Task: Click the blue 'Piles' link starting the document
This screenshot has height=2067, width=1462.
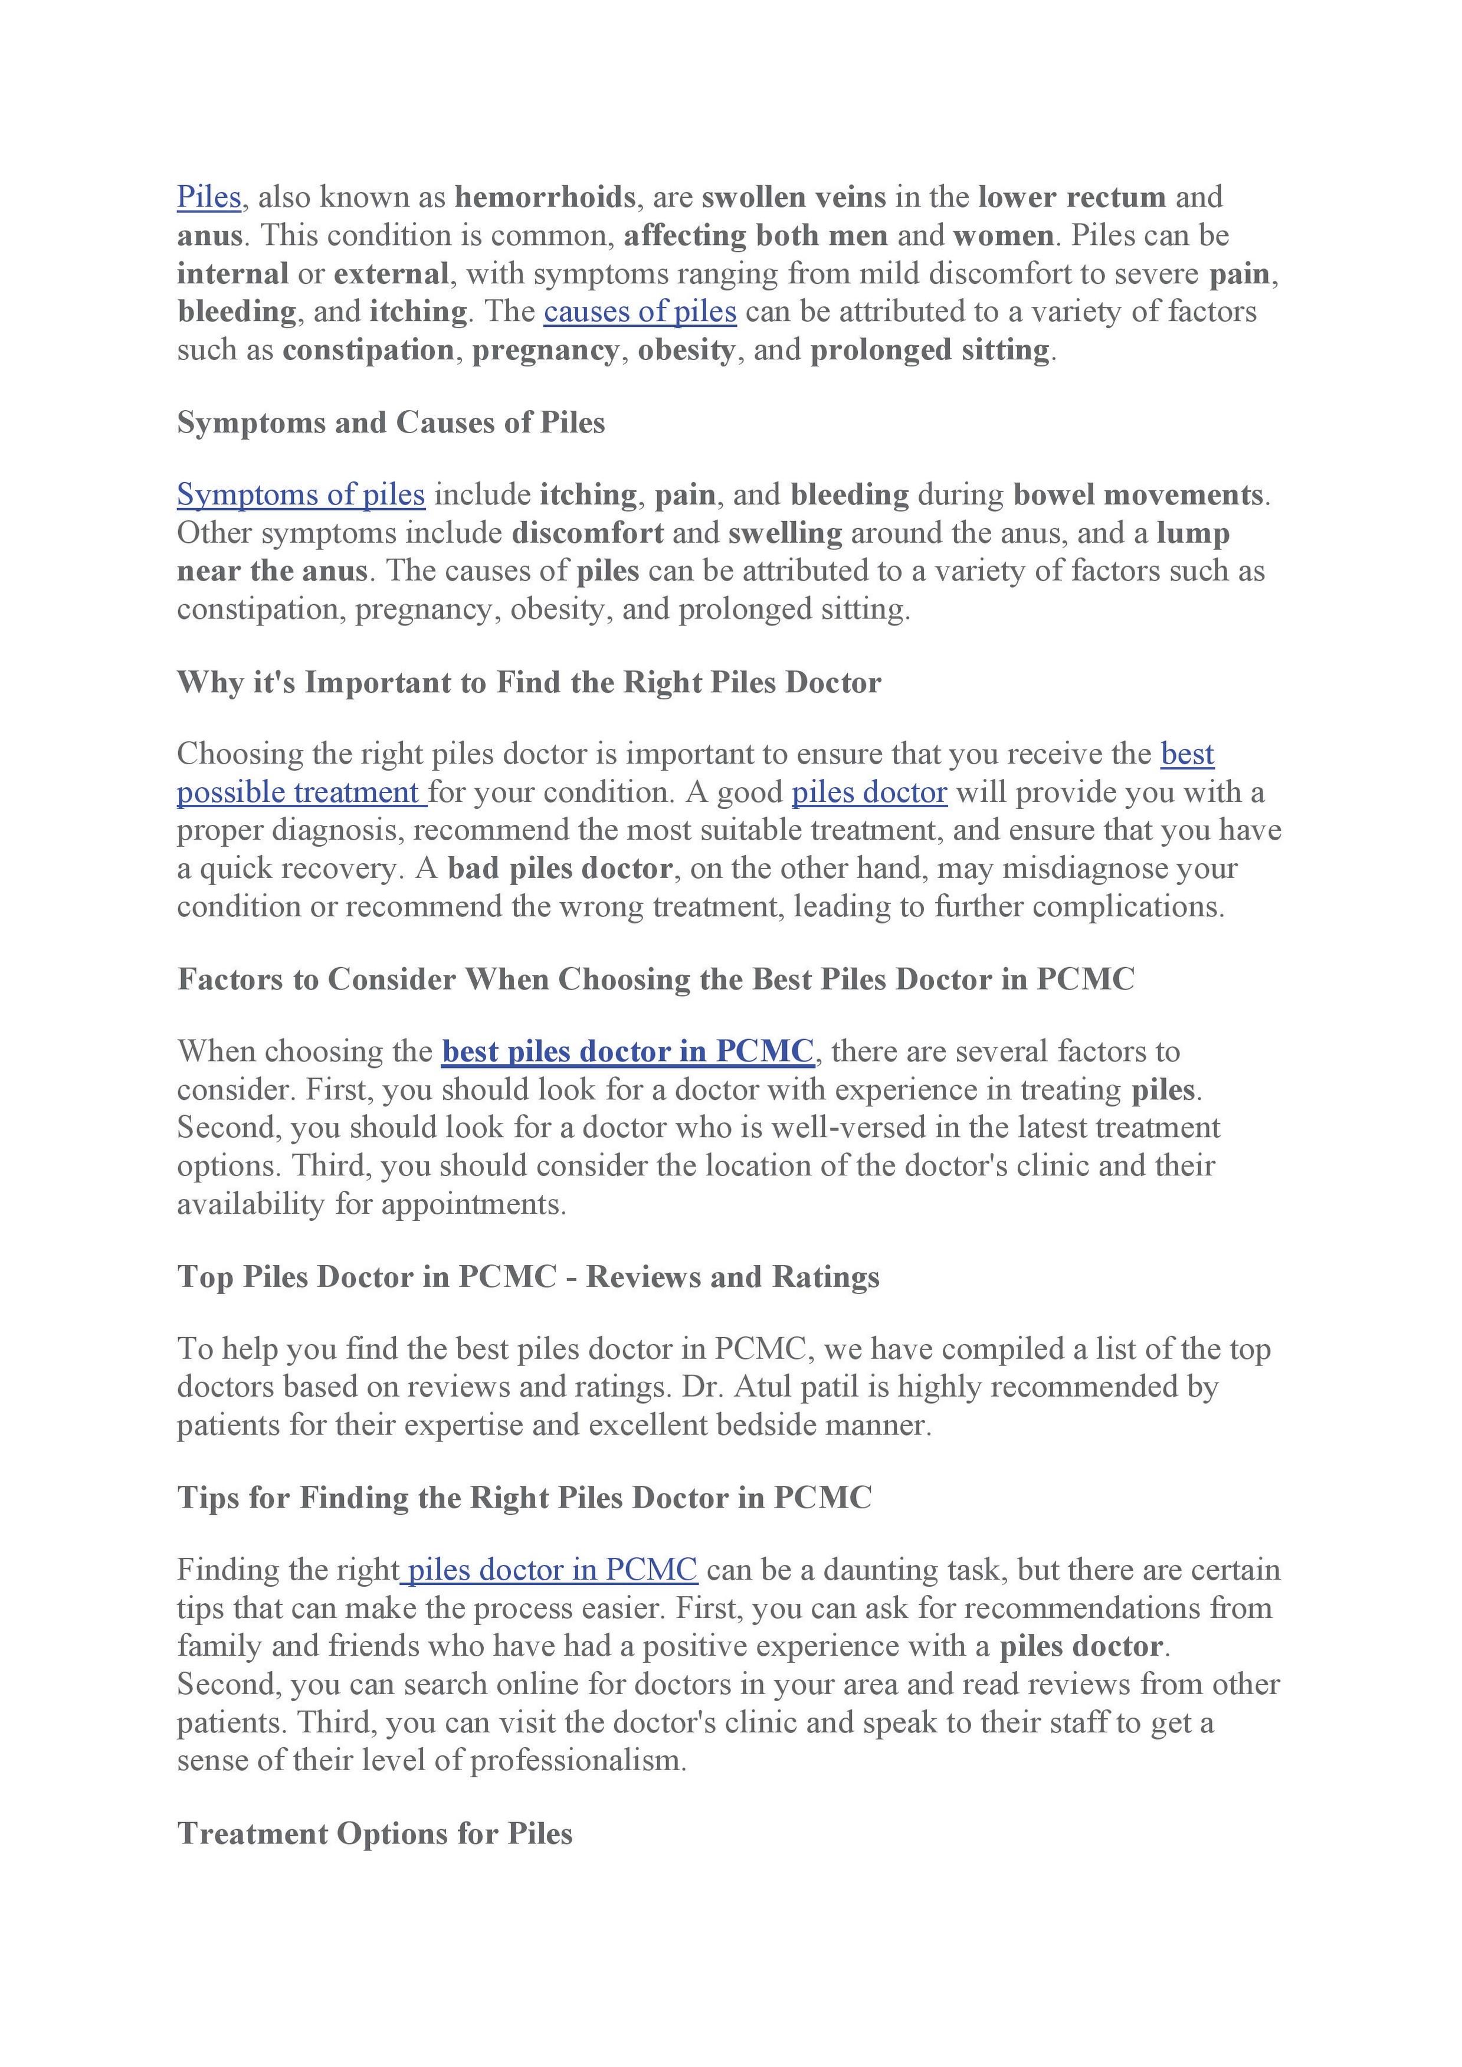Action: pos(209,197)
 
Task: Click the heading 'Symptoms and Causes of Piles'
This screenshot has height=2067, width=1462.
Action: pos(391,422)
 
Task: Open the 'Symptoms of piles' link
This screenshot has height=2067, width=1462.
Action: pos(301,494)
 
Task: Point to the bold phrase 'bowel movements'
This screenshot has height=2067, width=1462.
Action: pos(1138,494)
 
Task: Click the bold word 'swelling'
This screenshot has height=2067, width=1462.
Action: pos(785,533)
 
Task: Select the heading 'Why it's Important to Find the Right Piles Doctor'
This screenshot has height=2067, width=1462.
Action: pos(529,682)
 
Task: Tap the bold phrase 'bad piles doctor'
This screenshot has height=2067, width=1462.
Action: pos(559,868)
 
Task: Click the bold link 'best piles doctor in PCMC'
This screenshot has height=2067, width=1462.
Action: pos(628,1051)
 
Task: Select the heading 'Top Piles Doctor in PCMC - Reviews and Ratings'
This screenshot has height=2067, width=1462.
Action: pos(529,1276)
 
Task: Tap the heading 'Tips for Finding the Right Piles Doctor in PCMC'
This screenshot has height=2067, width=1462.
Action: pos(524,1497)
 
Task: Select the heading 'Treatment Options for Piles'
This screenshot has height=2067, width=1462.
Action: pos(375,1833)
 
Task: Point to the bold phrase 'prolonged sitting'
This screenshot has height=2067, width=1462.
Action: pos(930,349)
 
